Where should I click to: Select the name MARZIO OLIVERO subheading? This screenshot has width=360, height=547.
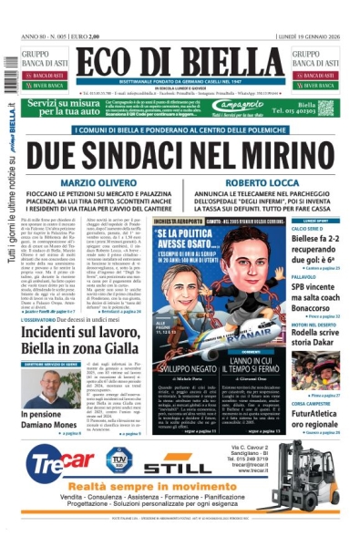[94, 183]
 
